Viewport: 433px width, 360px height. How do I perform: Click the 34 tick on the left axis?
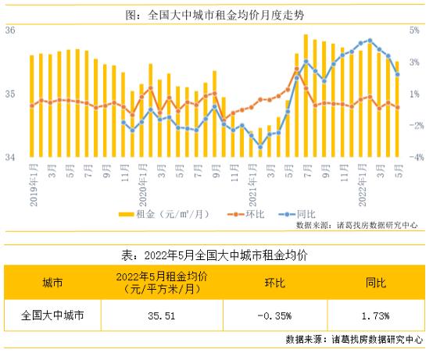point(11,158)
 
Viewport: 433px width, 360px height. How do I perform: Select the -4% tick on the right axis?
point(414,158)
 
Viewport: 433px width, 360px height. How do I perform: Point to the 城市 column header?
point(52,283)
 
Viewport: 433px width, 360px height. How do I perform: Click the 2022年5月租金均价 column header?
point(163,283)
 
